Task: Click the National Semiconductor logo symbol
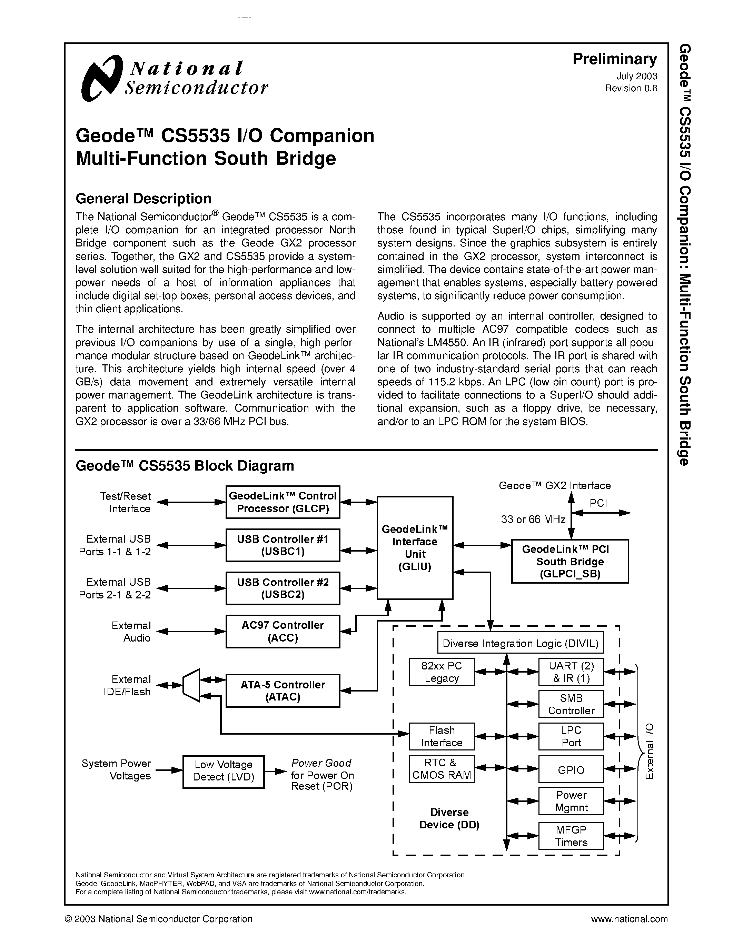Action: pyautogui.click(x=101, y=79)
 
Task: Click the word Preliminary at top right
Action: pyautogui.click(x=614, y=59)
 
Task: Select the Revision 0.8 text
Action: pyautogui.click(x=631, y=88)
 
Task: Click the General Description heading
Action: pyautogui.click(x=143, y=198)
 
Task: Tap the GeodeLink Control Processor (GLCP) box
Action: pyautogui.click(x=283, y=502)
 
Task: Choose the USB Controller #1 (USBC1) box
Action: pyautogui.click(x=283, y=545)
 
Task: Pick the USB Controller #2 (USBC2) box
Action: pyautogui.click(x=283, y=588)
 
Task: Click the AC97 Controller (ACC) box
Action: pyautogui.click(x=283, y=631)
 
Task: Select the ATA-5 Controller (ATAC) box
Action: pyautogui.click(x=283, y=690)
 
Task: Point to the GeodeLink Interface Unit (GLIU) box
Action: pyautogui.click(x=415, y=548)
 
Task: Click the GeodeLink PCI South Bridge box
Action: pyautogui.click(x=570, y=561)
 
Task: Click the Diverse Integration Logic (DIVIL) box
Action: pyautogui.click(x=520, y=644)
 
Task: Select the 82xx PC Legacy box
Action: pyautogui.click(x=442, y=672)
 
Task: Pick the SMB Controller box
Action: pyautogui.click(x=571, y=704)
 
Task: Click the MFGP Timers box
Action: pyautogui.click(x=571, y=836)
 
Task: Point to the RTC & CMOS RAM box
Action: pyautogui.click(x=442, y=769)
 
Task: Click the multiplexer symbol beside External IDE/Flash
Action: pyautogui.click(x=191, y=685)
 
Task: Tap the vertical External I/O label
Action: pyautogui.click(x=649, y=751)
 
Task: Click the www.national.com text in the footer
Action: pyautogui.click(x=629, y=919)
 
